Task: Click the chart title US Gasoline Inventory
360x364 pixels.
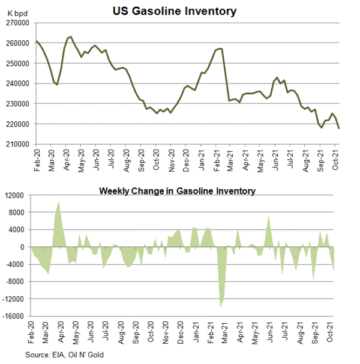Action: [x=174, y=11]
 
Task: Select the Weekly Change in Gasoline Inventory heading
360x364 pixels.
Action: [x=177, y=191]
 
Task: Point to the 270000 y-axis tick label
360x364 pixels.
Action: [x=18, y=23]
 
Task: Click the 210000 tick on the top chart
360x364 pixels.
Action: [x=18, y=144]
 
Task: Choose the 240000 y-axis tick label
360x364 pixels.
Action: [x=18, y=83]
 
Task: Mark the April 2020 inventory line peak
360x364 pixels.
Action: [x=71, y=37]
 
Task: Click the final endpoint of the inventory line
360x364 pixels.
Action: [x=339, y=128]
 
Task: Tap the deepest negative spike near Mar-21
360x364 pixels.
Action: [x=221, y=306]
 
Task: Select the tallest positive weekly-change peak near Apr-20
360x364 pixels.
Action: [x=59, y=202]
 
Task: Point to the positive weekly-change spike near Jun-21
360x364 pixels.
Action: [x=269, y=216]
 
